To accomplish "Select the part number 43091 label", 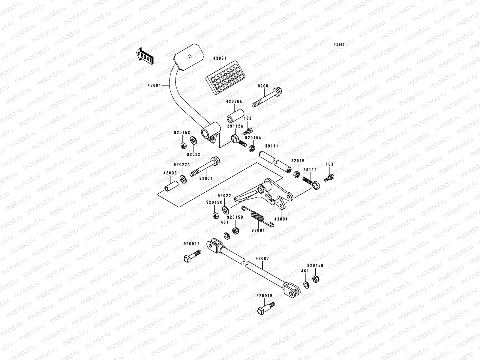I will pos(220,58).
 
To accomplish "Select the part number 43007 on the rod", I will pos(262,258).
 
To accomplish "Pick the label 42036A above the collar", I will pos(234,102).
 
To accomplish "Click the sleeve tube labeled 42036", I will pos(171,186).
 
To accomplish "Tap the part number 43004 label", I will pos(281,219).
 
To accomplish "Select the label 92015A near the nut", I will pos(253,138).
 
